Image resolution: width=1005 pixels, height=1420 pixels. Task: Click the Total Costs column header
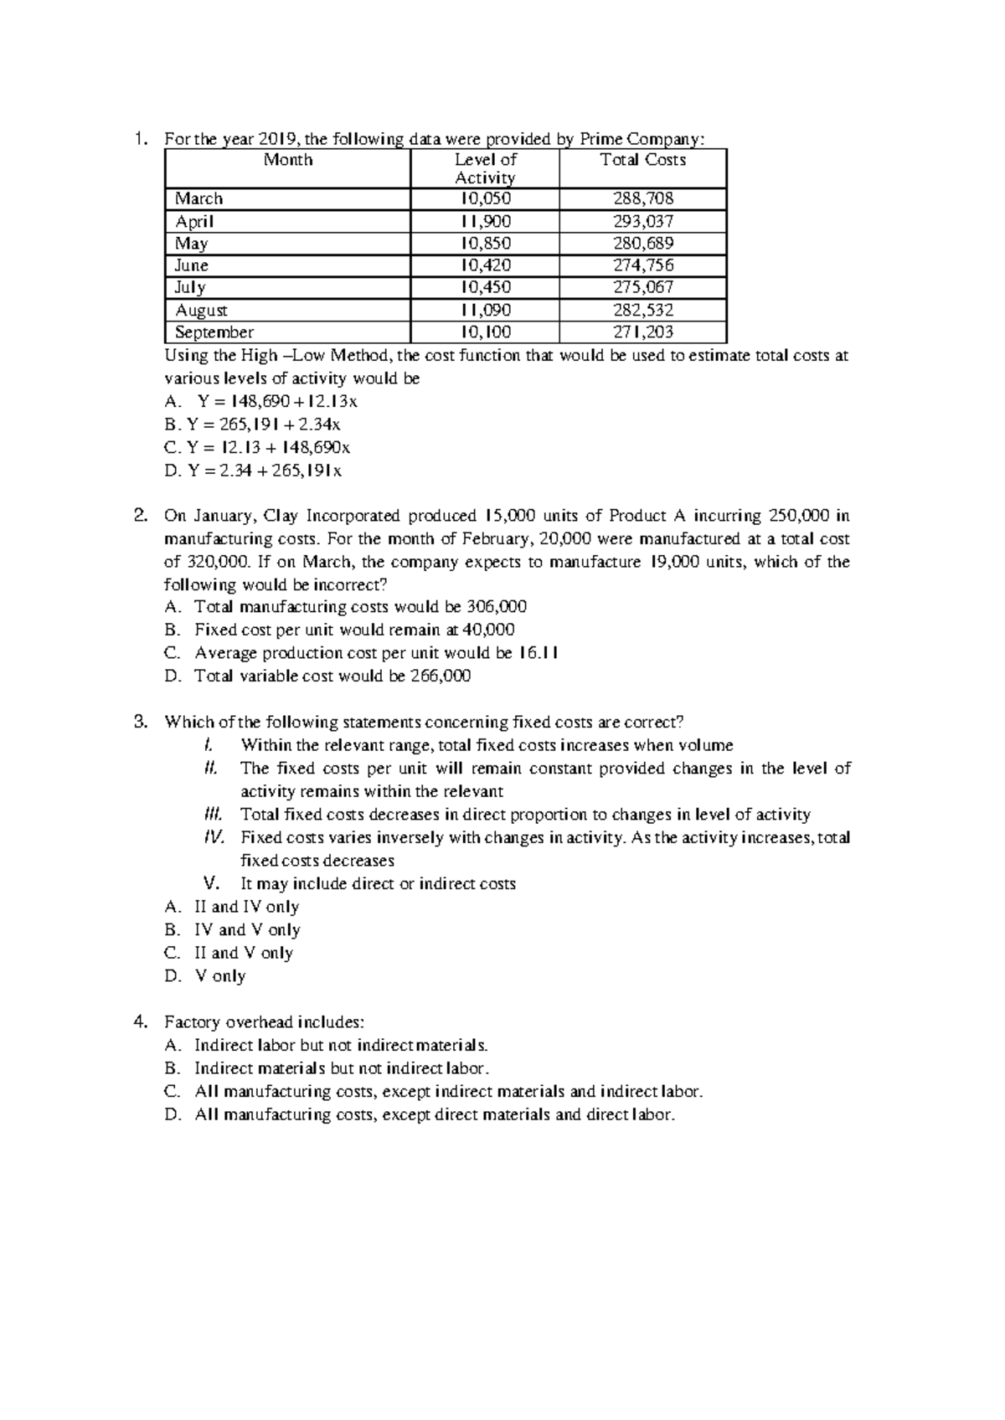click(x=642, y=160)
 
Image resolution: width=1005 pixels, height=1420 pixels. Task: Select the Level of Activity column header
click(x=485, y=168)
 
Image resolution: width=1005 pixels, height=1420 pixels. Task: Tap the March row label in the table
click(x=199, y=198)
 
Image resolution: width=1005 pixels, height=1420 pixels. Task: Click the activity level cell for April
click(x=485, y=221)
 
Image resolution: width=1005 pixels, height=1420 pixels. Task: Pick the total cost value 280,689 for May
click(x=642, y=243)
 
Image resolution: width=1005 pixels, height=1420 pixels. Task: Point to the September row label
click(x=214, y=332)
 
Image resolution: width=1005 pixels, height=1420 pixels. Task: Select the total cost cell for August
click(x=642, y=310)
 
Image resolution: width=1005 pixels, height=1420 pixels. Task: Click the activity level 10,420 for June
click(x=485, y=265)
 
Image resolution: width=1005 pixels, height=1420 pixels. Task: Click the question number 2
click(x=141, y=515)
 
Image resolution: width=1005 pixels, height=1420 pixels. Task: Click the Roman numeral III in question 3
click(x=212, y=815)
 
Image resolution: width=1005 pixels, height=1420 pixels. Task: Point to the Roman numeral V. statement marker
click(x=211, y=883)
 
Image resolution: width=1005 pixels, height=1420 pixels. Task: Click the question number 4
click(x=141, y=1021)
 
